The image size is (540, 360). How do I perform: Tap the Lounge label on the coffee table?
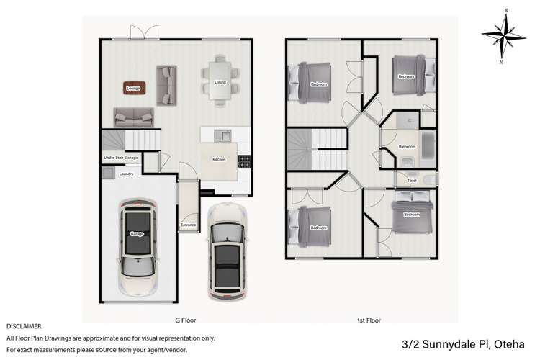[132, 89]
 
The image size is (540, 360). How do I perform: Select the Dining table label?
[220, 83]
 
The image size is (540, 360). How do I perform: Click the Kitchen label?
[219, 159]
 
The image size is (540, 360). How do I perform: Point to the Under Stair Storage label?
[120, 157]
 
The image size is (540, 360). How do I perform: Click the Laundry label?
[126, 174]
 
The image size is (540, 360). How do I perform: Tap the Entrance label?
[189, 225]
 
